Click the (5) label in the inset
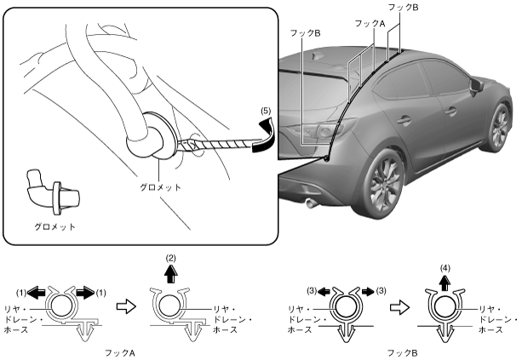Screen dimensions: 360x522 (265, 110)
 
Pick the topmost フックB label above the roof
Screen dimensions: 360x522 (416, 7)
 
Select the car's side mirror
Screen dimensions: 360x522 (473, 88)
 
